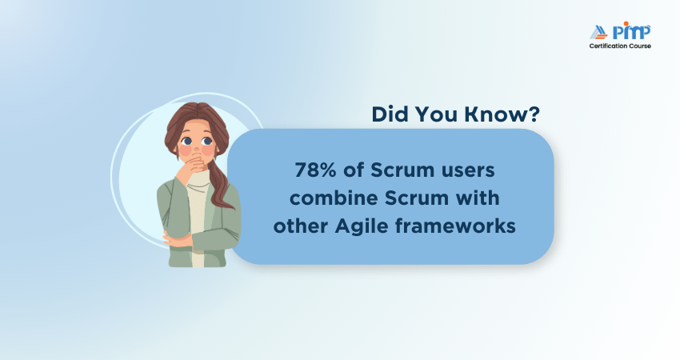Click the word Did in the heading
click(x=390, y=114)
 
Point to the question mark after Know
click(x=533, y=114)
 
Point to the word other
click(x=298, y=226)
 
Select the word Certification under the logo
click(x=610, y=46)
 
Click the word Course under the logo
click(x=641, y=46)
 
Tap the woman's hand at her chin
click(x=191, y=166)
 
